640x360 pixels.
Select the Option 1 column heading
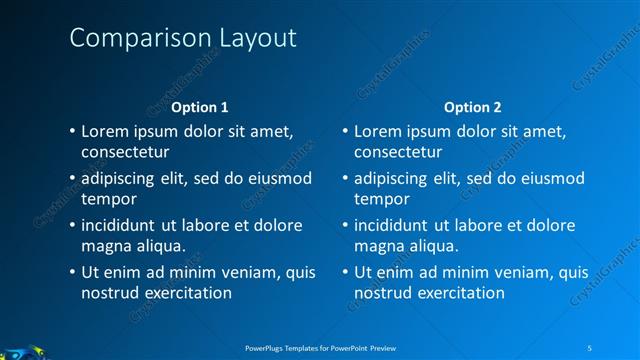coord(200,107)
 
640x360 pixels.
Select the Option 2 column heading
coord(473,107)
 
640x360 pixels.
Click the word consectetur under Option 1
coord(125,152)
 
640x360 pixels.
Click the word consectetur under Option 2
coord(398,152)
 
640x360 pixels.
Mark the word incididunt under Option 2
coord(393,225)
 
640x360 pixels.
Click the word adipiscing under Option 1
coord(121,178)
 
